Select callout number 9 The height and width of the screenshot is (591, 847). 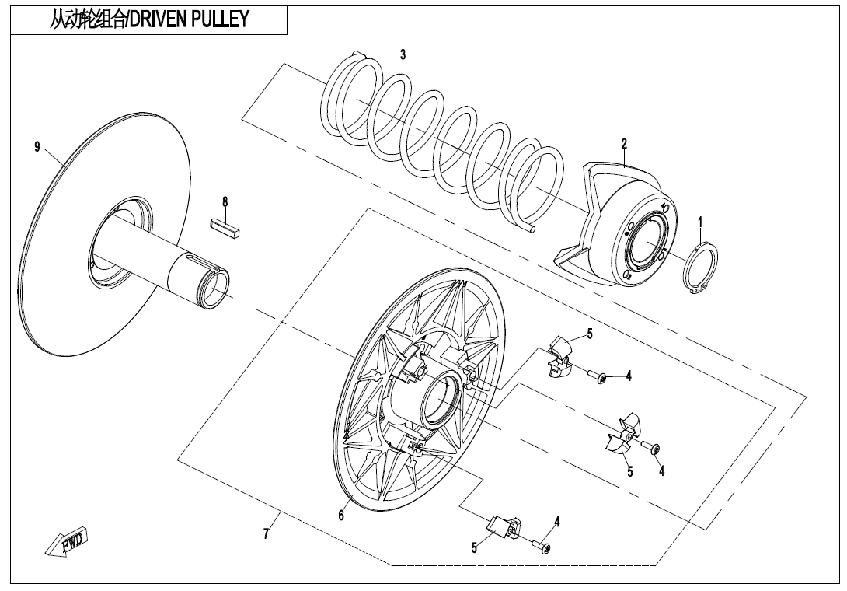pyautogui.click(x=37, y=148)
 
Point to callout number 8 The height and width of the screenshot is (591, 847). pyautogui.click(x=225, y=201)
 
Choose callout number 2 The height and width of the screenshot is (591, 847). pyautogui.click(x=624, y=143)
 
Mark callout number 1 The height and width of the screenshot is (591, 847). pyautogui.click(x=700, y=223)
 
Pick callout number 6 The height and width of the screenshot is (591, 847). pyautogui.click(x=340, y=516)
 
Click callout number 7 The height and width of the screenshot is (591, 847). pyautogui.click(x=266, y=534)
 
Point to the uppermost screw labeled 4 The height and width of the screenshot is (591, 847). pyautogui.click(x=599, y=378)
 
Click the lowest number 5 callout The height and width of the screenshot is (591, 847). pyautogui.click(x=474, y=547)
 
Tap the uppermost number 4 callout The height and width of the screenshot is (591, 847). pyautogui.click(x=629, y=376)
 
